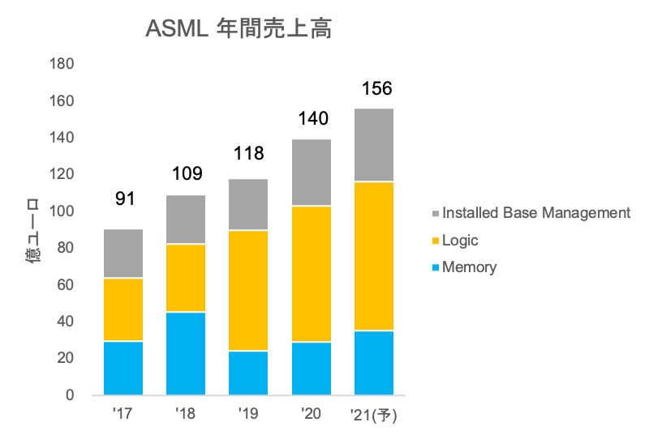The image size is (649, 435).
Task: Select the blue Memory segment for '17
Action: (x=123, y=368)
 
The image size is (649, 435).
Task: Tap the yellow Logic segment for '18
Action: (x=186, y=278)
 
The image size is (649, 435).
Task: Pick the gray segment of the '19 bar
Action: (x=248, y=204)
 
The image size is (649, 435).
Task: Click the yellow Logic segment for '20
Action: (x=312, y=274)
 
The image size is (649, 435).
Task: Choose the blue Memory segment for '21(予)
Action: (x=374, y=362)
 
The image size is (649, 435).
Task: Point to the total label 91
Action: (x=124, y=199)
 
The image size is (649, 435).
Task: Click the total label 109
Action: (x=187, y=173)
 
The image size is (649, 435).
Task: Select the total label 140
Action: (x=312, y=119)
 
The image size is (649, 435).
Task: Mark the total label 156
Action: (x=375, y=88)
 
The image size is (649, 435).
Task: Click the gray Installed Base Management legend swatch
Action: (x=436, y=214)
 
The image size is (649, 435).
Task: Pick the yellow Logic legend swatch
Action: (x=436, y=241)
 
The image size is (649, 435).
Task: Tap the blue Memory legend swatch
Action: (x=436, y=267)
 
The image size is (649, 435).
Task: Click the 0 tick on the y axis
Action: (x=70, y=395)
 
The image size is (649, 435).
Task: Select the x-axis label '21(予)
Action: (x=374, y=415)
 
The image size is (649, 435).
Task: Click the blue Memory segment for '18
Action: (x=186, y=353)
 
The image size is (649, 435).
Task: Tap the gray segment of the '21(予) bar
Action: (x=374, y=144)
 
